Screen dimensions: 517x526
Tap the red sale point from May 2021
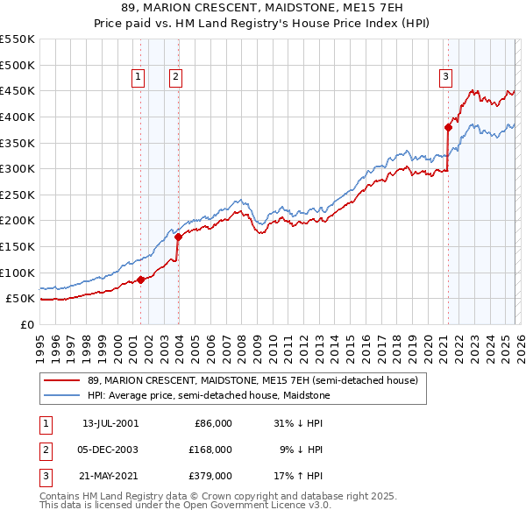click(x=448, y=127)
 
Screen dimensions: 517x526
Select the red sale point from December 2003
click(x=178, y=237)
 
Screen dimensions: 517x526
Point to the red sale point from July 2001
click(x=141, y=280)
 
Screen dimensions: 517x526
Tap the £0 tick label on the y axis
click(x=27, y=324)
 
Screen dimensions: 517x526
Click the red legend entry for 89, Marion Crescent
click(x=253, y=380)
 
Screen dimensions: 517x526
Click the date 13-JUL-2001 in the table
click(x=110, y=422)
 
